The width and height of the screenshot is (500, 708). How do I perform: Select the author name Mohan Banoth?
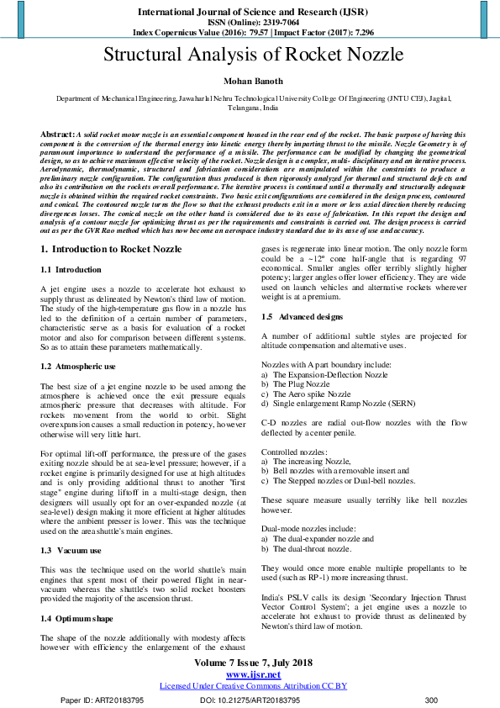point(250,83)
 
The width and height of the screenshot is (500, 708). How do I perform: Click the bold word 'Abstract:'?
point(58,135)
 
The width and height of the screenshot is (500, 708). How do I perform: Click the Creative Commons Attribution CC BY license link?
point(253,686)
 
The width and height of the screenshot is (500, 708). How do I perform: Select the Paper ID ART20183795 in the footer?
point(121,700)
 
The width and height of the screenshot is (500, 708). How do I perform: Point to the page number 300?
point(431,700)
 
